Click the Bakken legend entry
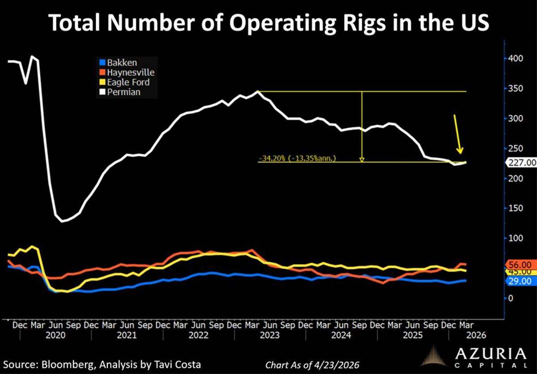click(x=121, y=63)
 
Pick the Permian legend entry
click(x=123, y=92)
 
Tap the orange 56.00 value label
click(x=519, y=265)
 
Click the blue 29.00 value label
click(x=519, y=281)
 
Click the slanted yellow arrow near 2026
click(x=458, y=135)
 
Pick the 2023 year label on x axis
click(x=269, y=335)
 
